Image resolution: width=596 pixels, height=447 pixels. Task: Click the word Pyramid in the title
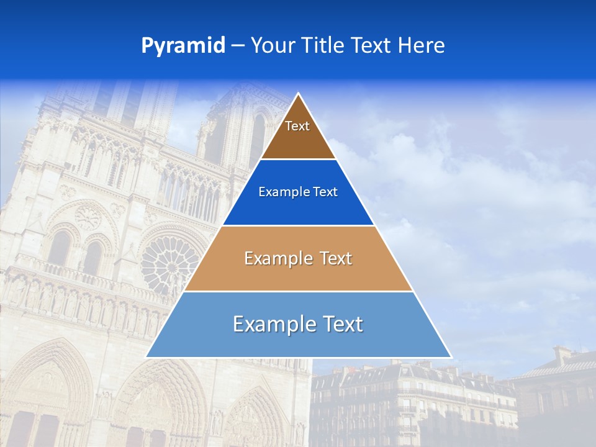pos(183,46)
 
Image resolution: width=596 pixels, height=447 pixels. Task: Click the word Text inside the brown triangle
pos(297,126)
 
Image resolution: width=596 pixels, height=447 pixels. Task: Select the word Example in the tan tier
pos(271,258)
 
